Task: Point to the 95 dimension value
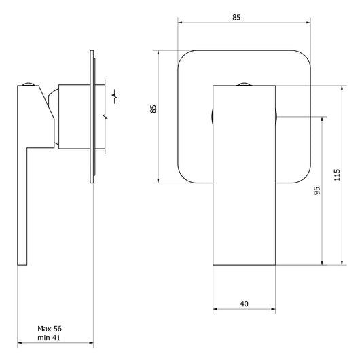coord(316,191)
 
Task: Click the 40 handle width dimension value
coord(244,304)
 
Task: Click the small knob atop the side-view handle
coord(29,84)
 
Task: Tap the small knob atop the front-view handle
coord(245,85)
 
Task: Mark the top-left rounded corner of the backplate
coord(184,57)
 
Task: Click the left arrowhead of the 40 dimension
coord(216,311)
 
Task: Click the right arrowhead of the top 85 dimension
coord(311,23)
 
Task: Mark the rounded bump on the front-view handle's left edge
coord(212,115)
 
